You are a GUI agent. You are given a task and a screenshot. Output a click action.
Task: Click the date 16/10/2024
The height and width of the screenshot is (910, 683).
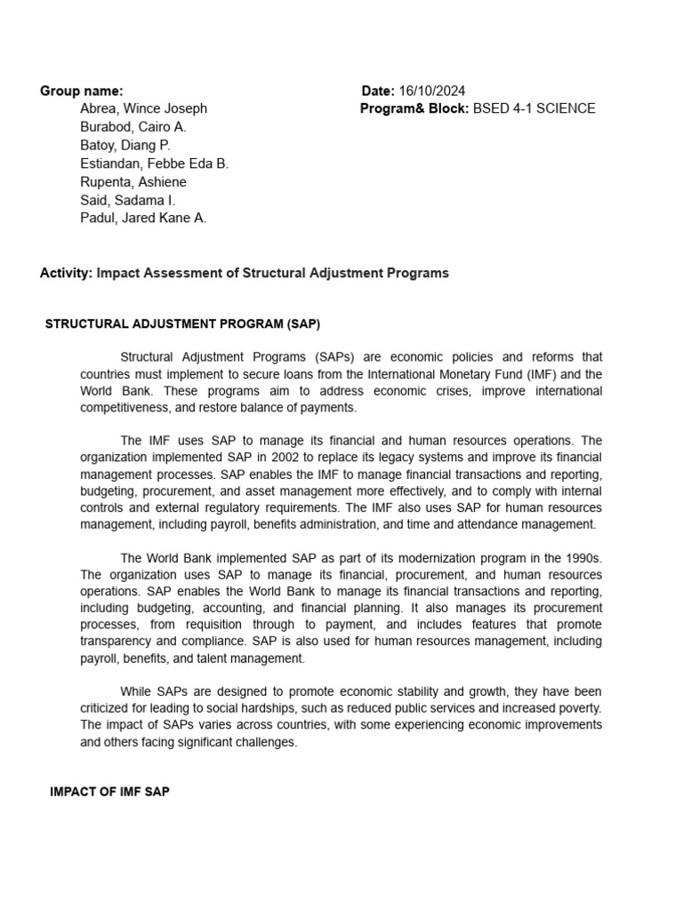click(431, 91)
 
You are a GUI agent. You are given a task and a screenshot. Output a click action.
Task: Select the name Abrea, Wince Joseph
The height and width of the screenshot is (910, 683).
click(143, 108)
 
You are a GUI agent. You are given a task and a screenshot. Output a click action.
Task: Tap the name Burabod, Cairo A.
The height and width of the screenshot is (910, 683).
click(133, 127)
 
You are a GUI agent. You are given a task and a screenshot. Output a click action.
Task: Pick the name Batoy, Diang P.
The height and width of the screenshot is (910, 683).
click(125, 145)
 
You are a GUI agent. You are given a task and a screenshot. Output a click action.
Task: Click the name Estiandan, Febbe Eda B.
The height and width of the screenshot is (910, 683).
click(154, 164)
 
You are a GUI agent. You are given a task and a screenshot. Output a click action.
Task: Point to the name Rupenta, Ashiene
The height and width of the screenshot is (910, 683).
click(133, 182)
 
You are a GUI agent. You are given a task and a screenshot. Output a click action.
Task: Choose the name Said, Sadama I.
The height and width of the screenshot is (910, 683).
click(127, 200)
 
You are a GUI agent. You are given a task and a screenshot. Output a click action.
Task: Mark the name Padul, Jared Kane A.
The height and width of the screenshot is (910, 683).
click(142, 219)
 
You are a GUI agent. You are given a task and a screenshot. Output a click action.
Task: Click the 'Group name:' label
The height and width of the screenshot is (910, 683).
click(82, 91)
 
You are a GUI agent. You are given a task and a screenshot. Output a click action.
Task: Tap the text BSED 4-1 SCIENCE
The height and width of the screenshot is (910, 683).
click(534, 108)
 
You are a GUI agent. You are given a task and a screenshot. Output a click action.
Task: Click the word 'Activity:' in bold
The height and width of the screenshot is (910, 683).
click(66, 273)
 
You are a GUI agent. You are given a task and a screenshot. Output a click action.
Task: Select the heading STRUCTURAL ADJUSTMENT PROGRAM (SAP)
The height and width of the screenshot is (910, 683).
click(182, 323)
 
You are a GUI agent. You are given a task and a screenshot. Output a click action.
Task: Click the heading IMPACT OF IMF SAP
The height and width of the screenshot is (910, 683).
click(109, 792)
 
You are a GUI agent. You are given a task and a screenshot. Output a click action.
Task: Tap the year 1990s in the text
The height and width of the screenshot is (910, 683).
click(583, 558)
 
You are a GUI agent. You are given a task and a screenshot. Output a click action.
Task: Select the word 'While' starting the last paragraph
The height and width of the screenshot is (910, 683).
click(137, 691)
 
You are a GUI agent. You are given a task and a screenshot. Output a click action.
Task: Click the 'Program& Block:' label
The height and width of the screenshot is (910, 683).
click(414, 108)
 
